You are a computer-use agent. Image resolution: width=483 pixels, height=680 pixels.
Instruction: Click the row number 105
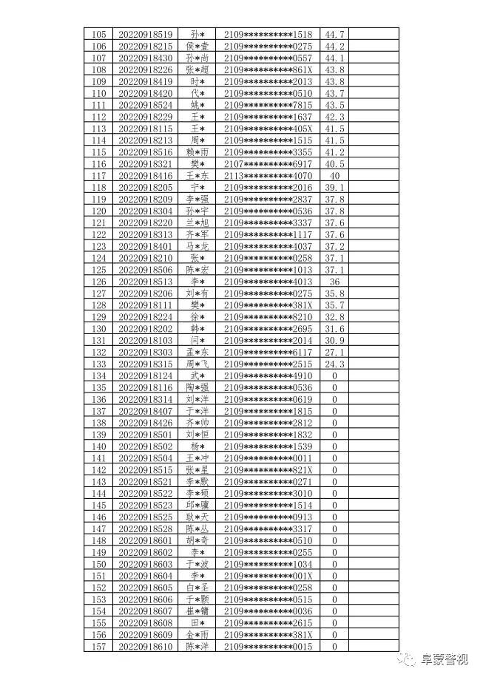[x=98, y=34]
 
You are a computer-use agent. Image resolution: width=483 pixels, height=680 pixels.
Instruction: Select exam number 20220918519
[x=145, y=34]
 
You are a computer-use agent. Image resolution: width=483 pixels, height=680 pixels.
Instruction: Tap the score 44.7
[x=334, y=34]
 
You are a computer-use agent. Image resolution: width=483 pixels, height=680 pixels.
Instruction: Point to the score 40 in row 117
[x=334, y=176]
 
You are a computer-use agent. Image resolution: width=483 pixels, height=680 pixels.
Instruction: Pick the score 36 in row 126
[x=334, y=282]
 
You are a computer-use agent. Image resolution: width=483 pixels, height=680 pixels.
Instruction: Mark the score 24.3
[x=334, y=364]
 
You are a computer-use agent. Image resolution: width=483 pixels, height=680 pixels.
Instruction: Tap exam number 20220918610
[x=145, y=647]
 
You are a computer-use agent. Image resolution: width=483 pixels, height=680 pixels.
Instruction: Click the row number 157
[x=98, y=647]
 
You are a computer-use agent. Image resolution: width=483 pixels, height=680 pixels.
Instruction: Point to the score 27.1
[x=334, y=353]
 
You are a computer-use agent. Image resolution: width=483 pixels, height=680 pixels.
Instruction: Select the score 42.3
[x=334, y=117]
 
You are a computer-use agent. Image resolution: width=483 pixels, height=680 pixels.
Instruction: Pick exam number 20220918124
[x=145, y=376]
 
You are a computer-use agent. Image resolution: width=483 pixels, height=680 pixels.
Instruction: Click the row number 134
[x=98, y=376]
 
